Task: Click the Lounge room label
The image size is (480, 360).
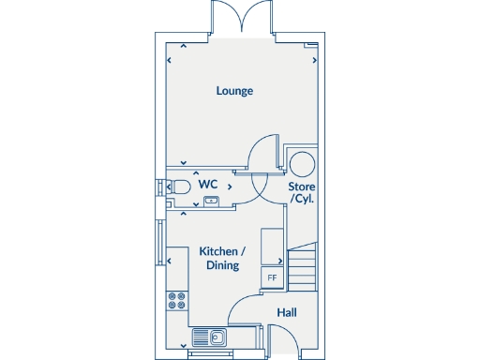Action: (x=234, y=91)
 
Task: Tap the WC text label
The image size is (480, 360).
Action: (x=208, y=184)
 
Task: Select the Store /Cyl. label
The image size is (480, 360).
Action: (x=301, y=193)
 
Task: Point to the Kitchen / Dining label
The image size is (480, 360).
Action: (x=221, y=259)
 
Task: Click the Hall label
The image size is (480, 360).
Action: (x=286, y=312)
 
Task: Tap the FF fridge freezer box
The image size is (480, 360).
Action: (x=272, y=277)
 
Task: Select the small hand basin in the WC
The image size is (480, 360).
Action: (x=210, y=200)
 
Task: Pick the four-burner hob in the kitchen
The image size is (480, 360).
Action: (x=176, y=301)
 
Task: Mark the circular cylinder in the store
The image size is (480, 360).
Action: (x=303, y=163)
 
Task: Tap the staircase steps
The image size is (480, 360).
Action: (x=302, y=267)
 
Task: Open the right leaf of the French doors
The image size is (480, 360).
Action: (x=259, y=17)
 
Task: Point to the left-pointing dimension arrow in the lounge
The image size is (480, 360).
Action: (x=169, y=61)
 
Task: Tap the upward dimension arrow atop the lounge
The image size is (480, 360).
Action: (x=183, y=45)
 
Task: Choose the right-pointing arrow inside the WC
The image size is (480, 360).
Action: (x=230, y=187)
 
